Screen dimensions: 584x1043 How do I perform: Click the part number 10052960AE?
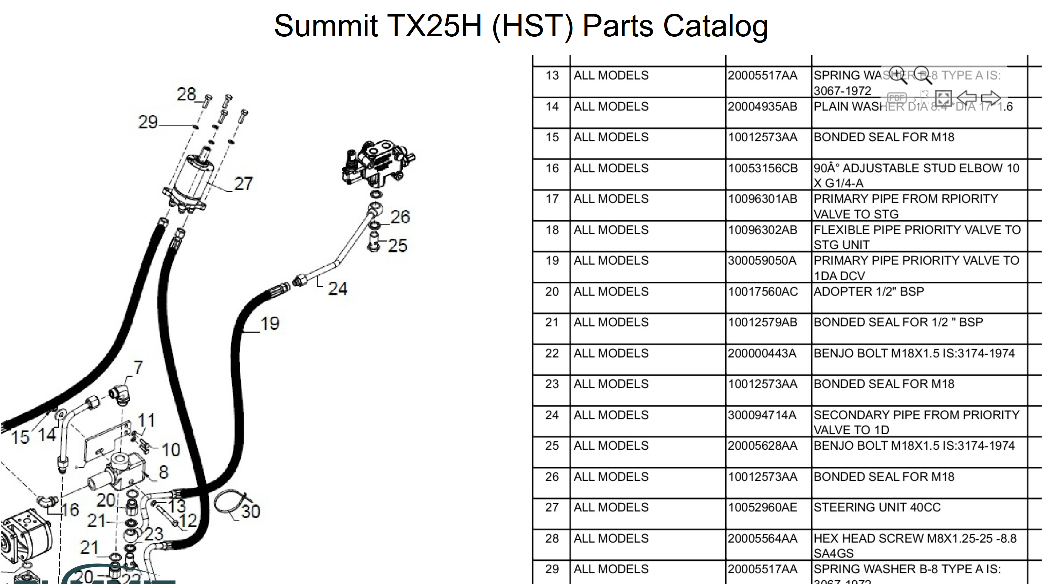tap(762, 508)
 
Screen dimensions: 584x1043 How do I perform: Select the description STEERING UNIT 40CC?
tap(877, 508)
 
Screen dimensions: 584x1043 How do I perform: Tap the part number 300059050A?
tap(762, 261)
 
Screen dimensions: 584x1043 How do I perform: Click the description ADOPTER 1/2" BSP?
tap(869, 292)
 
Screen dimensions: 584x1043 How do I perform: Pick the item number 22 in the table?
tap(552, 354)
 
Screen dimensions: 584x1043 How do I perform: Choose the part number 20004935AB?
tap(762, 107)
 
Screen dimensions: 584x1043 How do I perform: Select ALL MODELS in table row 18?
tap(611, 230)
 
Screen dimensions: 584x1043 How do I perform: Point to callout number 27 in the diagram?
tap(243, 184)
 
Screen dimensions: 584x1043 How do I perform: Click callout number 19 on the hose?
tap(270, 324)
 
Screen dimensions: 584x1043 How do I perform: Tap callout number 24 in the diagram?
tap(337, 289)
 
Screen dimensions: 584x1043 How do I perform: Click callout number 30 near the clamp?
tap(251, 511)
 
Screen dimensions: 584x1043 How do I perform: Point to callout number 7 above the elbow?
tap(138, 368)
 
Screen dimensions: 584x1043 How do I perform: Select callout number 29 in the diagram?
tap(148, 122)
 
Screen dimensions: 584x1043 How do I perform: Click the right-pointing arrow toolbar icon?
tap(991, 98)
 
